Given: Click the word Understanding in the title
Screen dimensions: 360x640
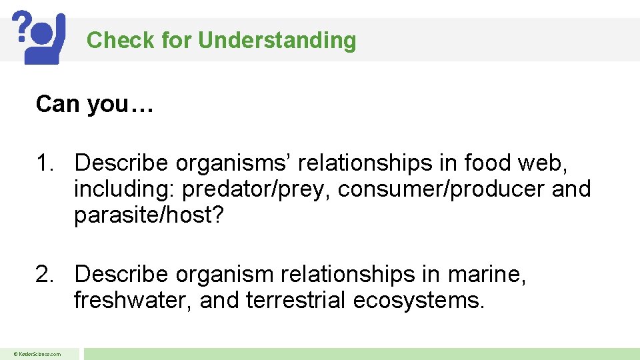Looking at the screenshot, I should tap(277, 41).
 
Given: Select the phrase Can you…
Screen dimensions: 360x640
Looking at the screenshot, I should tap(95, 104).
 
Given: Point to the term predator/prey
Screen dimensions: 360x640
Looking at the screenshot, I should tap(257, 189).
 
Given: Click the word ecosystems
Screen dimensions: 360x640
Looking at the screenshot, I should tap(418, 301).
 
